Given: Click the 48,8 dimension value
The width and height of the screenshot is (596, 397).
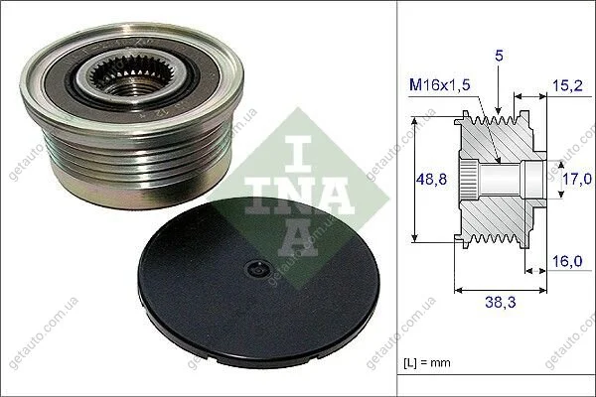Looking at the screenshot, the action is click(431, 179).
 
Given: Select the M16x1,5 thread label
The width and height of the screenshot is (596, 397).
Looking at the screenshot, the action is click(440, 85).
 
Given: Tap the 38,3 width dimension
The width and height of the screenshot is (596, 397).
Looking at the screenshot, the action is click(500, 303).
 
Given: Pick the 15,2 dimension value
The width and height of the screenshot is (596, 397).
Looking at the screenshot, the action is click(567, 86).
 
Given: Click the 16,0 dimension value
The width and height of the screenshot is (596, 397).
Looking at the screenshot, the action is click(567, 262).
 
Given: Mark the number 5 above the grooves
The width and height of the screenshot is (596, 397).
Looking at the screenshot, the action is click(499, 57).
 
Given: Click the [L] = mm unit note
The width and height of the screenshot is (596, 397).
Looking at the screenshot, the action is click(427, 363).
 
